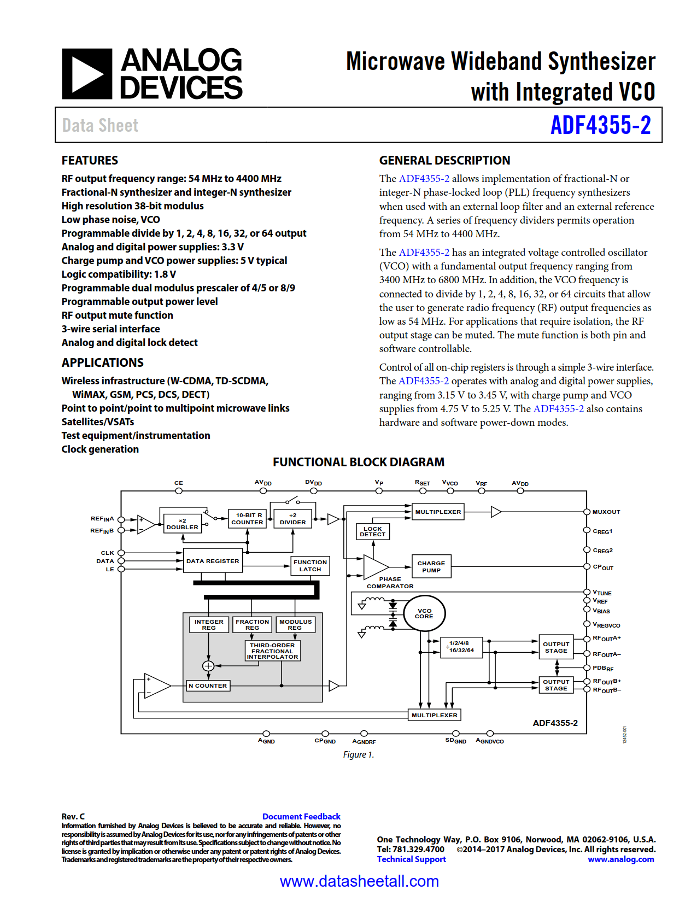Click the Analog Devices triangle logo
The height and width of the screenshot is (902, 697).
point(87,74)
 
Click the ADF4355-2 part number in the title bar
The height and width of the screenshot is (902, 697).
point(600,125)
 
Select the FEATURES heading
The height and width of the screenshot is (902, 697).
point(90,160)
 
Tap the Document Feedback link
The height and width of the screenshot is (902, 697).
point(301,816)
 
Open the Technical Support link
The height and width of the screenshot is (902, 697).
point(411,859)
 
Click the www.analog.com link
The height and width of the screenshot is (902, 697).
point(620,859)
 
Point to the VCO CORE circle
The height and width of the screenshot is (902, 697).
point(424,613)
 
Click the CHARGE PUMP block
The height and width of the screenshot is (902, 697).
point(431,566)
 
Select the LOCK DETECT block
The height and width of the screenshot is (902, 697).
point(373,531)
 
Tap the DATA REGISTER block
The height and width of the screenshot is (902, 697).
point(213,561)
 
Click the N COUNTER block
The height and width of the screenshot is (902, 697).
point(208,686)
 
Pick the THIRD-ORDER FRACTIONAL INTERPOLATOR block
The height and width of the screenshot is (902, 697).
point(272,651)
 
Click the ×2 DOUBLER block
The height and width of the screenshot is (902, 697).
point(183,524)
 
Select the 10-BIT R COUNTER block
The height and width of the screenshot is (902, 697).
point(248,518)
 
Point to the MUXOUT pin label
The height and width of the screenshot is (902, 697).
point(606,512)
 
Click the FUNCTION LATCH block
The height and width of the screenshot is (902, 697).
point(310,565)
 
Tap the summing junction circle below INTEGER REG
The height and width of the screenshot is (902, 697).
point(208,666)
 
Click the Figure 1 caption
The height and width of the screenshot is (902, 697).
point(359,754)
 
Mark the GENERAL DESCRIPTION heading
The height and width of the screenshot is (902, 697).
point(444,160)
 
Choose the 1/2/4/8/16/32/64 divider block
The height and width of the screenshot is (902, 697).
point(461,647)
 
